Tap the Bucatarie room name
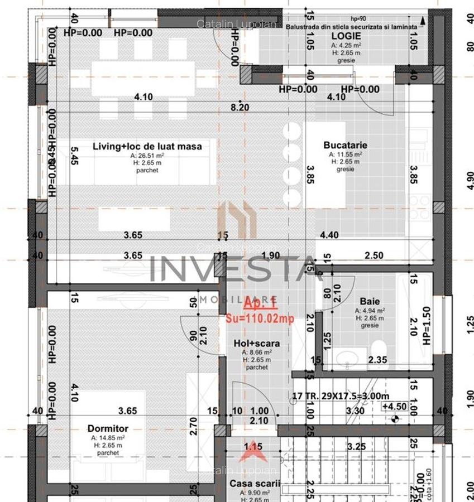click(x=345, y=145)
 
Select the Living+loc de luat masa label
click(x=147, y=146)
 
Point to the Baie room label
click(x=369, y=301)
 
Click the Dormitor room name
click(x=108, y=428)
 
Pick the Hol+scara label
click(x=257, y=343)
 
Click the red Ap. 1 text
click(x=260, y=303)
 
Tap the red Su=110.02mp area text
click(x=260, y=318)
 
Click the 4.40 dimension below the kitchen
click(x=329, y=235)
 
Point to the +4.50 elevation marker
click(x=394, y=407)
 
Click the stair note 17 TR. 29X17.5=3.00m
click(x=341, y=397)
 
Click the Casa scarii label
click(x=255, y=483)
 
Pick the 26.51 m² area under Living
click(x=147, y=156)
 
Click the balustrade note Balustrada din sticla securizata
click(x=351, y=26)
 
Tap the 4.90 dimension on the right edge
click(x=470, y=180)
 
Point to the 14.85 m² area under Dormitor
click(x=108, y=438)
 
